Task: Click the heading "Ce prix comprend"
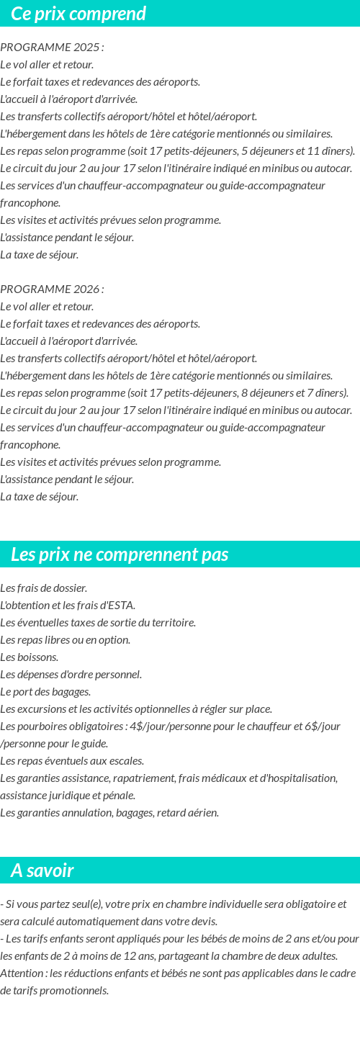pos(78,14)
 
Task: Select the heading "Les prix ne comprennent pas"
pos(120,554)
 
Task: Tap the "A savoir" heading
pos(42,871)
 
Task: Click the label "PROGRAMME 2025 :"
pos(52,48)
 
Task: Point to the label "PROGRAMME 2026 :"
pos(52,289)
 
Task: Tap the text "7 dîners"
pos(323,393)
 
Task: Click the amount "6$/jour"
pos(323,726)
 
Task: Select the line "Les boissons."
pos(30,657)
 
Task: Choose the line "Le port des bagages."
pos(45,692)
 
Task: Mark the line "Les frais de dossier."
pos(44,588)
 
